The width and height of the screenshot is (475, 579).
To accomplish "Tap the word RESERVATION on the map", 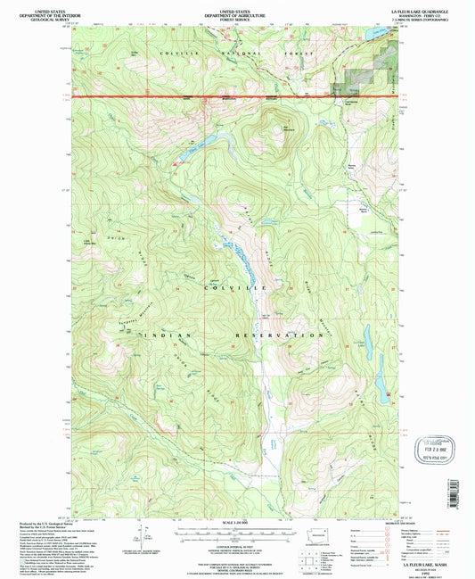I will [279, 335].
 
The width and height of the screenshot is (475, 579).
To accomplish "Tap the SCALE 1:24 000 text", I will [235, 520].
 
